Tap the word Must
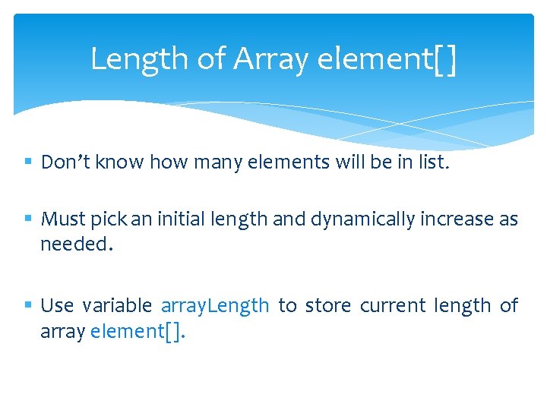pos(62,219)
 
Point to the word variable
pos(117,305)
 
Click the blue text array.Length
pos(215,306)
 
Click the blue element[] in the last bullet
pos(137,332)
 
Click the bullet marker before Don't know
pos(28,162)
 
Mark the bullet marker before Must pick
pos(28,219)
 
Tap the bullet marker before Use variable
pos(28,305)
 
